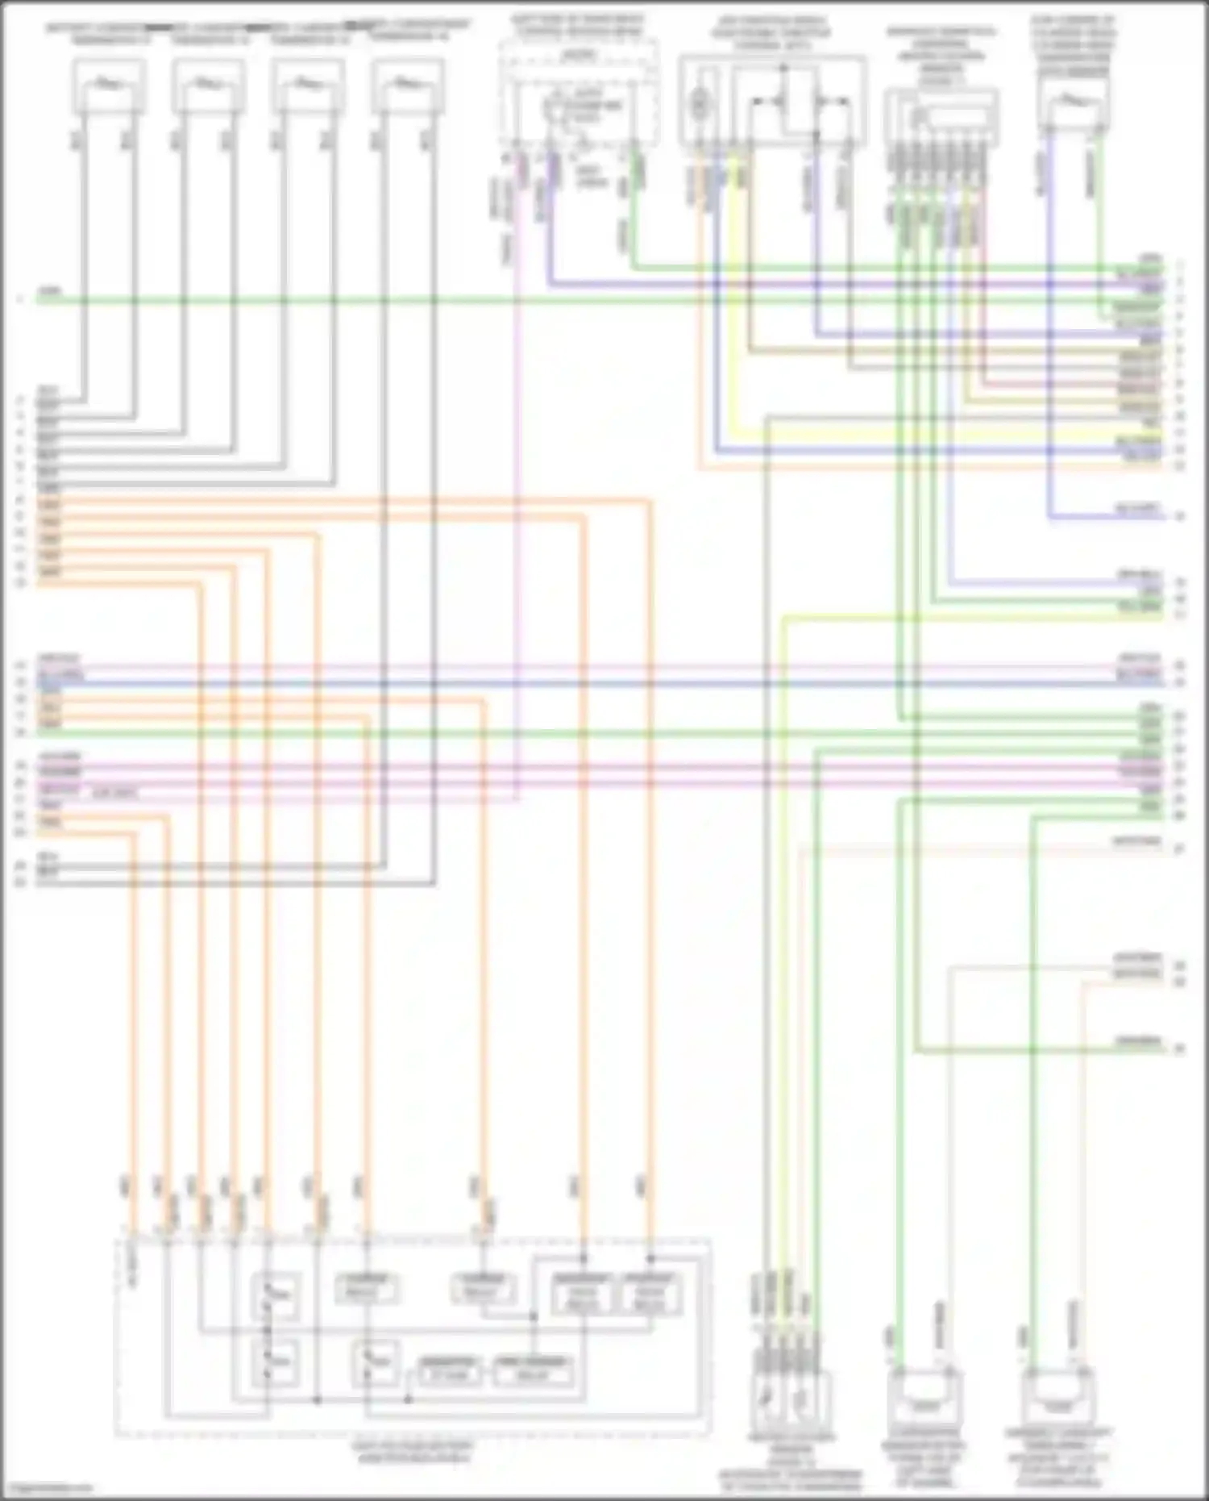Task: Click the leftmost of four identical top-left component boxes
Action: pos(110,86)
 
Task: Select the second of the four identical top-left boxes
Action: pos(209,86)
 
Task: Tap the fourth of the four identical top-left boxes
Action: pos(408,86)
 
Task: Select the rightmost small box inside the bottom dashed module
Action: pos(650,1295)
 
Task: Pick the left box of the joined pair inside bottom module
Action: pos(583,1295)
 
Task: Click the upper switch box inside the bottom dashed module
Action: pos(276,1295)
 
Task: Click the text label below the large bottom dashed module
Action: pos(412,1452)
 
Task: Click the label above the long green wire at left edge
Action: pos(50,290)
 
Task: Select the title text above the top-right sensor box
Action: pos(1073,44)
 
